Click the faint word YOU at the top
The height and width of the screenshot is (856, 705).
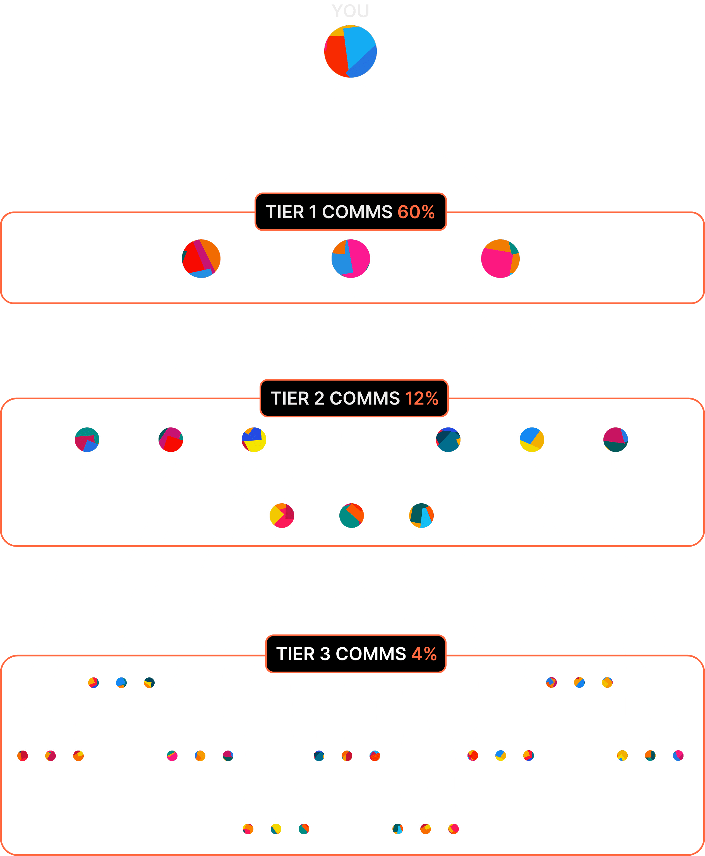coord(351,11)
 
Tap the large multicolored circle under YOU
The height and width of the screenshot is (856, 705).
coord(351,51)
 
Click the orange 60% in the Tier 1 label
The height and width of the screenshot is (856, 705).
coord(416,212)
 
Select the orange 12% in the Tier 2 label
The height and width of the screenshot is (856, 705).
coord(421,398)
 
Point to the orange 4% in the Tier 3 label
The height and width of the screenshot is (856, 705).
coord(425,654)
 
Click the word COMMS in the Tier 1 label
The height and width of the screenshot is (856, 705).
coord(357,212)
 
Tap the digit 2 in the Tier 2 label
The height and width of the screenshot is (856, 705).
coord(319,398)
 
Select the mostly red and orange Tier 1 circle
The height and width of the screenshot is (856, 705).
coord(201,259)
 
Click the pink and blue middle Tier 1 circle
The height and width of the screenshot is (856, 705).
coord(351,259)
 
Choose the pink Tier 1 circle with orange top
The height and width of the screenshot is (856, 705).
coord(500,259)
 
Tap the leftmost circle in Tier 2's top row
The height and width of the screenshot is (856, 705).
coord(87,439)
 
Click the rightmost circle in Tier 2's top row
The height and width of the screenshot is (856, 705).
coord(616,439)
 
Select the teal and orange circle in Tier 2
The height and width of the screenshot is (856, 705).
coord(352,515)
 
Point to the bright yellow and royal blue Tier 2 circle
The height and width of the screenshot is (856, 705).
coord(254,439)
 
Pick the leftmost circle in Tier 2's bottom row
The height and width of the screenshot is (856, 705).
coord(282,515)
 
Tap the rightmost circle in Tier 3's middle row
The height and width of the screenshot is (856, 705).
coord(678,755)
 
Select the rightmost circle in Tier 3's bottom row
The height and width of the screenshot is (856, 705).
coord(454,829)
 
